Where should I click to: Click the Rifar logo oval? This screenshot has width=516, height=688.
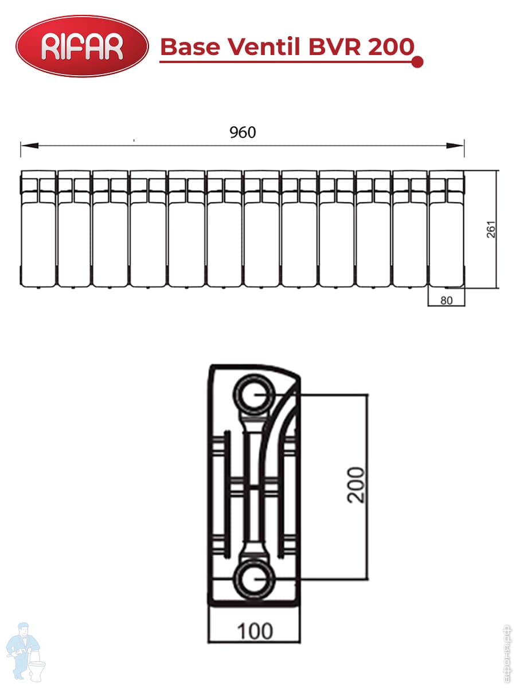click(x=82, y=46)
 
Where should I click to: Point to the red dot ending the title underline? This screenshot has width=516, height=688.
click(x=417, y=62)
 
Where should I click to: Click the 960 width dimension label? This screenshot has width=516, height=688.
click(x=243, y=132)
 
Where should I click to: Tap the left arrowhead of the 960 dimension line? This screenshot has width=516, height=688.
click(x=29, y=146)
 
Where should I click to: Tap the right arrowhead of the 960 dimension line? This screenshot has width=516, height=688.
click(x=455, y=146)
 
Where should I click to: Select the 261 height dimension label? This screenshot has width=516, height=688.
click(x=491, y=229)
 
